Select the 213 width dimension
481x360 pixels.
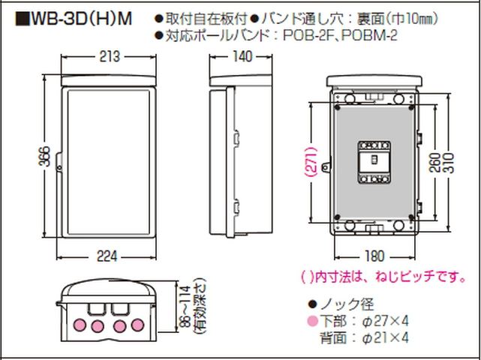[x=110, y=57]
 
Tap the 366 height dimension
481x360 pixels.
[x=45, y=157]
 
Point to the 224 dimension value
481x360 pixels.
[x=107, y=256]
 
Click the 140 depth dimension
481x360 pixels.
[x=242, y=56]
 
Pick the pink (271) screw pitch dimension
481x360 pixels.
[x=311, y=162]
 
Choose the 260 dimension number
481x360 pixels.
[x=435, y=163]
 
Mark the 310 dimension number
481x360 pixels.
[x=448, y=163]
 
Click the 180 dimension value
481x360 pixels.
[x=375, y=256]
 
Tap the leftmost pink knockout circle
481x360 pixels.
[x=80, y=325]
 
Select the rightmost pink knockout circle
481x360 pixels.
[x=138, y=325]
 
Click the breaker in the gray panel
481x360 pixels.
[x=374, y=162]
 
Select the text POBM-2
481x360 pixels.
[x=369, y=36]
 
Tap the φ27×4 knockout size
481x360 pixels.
[x=385, y=321]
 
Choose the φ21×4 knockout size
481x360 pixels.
[x=385, y=338]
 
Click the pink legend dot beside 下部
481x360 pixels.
[x=313, y=321]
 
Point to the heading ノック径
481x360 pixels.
[x=347, y=304]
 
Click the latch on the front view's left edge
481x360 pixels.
[x=59, y=161]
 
